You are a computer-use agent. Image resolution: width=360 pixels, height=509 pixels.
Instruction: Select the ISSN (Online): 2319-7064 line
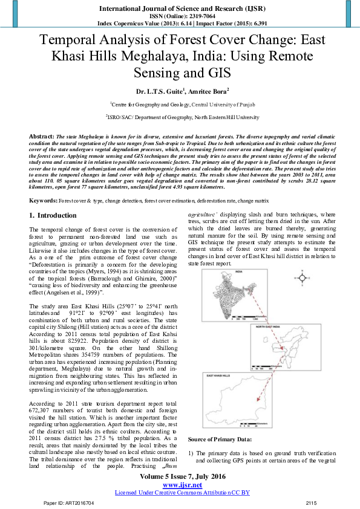180,17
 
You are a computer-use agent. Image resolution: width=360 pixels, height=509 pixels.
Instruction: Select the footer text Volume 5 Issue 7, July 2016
180,477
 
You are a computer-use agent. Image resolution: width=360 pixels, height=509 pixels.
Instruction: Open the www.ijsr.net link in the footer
180,485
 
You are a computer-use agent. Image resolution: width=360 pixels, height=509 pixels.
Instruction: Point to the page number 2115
311,503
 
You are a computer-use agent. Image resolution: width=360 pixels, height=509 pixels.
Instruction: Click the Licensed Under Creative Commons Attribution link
180,493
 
